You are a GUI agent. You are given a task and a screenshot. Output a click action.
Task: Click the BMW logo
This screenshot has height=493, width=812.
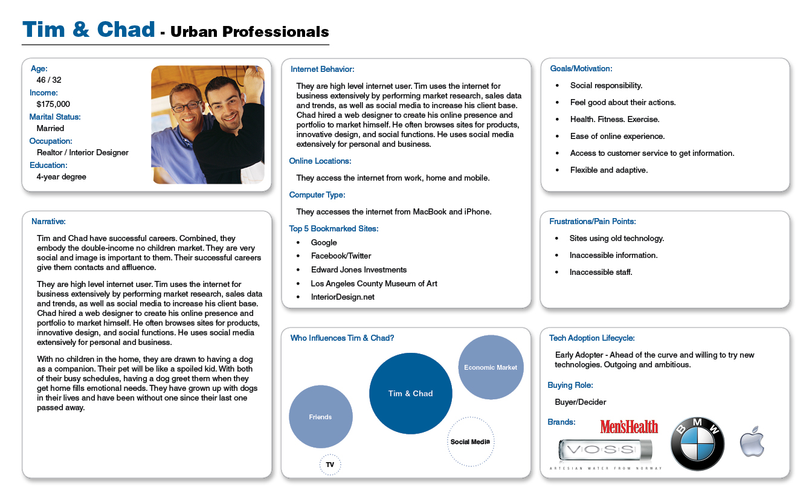697,444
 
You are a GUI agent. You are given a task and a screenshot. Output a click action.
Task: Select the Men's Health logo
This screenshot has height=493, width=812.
629,427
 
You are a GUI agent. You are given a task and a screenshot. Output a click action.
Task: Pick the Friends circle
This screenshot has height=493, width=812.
320,417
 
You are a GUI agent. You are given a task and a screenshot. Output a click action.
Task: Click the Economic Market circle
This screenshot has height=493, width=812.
491,367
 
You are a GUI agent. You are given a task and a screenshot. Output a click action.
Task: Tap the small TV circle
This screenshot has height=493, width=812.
330,465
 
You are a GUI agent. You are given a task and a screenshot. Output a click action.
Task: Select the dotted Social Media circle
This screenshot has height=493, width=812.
470,442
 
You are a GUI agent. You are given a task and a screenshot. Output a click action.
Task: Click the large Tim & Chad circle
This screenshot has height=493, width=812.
410,393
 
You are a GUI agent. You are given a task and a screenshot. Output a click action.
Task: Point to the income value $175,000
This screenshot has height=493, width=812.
53,104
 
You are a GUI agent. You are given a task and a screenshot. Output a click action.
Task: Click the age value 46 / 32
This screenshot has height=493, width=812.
49,80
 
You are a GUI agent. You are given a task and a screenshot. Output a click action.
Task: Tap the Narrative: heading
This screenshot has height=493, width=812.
48,222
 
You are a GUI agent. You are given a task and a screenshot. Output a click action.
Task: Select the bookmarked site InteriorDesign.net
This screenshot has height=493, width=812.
343,297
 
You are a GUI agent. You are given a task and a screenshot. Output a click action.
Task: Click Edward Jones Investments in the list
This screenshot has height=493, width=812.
359,269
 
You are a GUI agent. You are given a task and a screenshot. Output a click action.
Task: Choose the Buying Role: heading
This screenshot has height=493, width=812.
570,385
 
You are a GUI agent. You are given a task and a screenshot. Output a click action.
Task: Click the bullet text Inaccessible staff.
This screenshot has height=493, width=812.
601,272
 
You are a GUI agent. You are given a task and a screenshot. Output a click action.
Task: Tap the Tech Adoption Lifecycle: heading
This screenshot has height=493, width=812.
591,338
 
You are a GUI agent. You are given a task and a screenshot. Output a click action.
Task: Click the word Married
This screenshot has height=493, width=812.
50,128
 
